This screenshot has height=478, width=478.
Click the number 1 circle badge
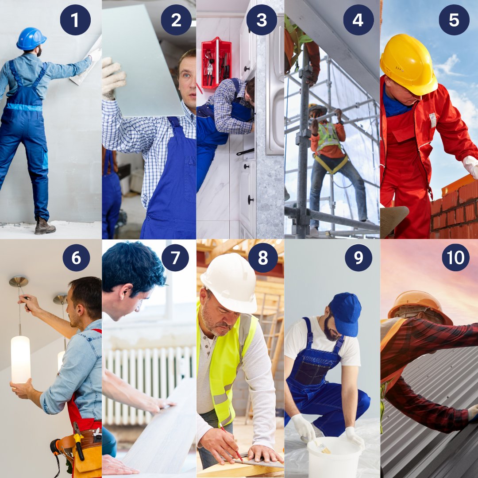[75, 20]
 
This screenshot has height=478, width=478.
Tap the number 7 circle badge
[175, 258]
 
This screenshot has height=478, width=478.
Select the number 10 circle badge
[456, 258]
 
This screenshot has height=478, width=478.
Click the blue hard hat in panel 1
[31, 39]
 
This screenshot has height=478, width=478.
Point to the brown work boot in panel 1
[45, 227]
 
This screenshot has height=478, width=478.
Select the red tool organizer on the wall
[216, 62]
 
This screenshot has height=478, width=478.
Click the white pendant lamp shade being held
[20, 359]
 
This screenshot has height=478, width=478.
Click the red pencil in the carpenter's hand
[231, 443]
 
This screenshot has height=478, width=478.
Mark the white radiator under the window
[150, 385]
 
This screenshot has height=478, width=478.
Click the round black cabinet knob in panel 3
[251, 200]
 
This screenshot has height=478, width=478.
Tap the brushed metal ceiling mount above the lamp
[19, 281]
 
